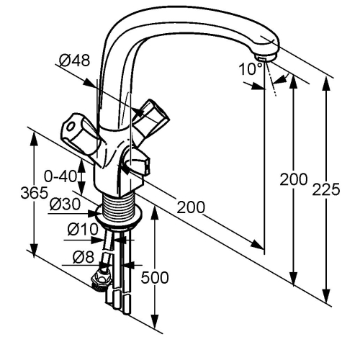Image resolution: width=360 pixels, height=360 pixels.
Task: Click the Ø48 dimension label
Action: point(74,60)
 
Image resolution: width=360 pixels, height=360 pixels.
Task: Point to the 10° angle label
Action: point(251,69)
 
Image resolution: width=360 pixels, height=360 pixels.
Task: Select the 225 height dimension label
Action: point(326,189)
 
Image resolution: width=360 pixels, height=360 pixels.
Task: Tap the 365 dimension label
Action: point(35,192)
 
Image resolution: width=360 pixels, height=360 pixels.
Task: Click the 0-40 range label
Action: point(60,176)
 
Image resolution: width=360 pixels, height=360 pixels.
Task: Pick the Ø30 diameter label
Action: point(66,204)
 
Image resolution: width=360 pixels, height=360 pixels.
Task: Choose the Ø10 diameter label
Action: point(83,229)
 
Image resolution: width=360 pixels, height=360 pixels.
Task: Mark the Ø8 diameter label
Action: point(84,258)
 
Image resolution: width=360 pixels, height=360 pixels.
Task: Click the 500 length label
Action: point(155,277)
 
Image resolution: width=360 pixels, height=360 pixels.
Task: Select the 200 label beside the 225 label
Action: point(294,179)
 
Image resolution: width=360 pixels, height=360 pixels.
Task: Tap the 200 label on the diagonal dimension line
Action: point(191,207)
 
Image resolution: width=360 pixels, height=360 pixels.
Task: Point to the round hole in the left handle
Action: point(71,126)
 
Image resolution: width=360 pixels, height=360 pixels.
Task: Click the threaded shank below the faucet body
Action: point(117,207)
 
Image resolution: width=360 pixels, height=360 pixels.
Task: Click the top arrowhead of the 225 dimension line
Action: point(326,83)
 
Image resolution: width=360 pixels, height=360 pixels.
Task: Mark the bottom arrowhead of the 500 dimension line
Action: point(156,323)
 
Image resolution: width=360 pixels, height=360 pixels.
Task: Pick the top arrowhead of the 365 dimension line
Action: point(34,138)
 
